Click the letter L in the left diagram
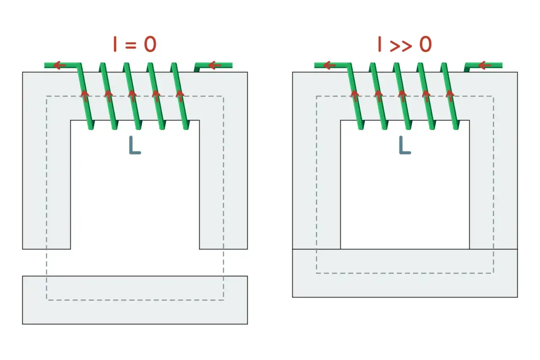135,145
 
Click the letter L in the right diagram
405,145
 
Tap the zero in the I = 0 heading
150,44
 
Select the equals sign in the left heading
131,45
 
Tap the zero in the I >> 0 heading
425,44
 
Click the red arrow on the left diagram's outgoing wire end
59,65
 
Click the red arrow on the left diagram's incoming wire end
215,65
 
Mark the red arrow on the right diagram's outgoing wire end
329,65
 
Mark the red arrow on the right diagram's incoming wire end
485,65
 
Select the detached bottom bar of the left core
135,300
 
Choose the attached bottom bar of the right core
405,273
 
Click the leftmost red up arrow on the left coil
84,96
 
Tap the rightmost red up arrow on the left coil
180,96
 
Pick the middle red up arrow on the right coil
402,96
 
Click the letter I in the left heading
115,44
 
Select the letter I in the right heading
380,44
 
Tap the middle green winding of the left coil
132,96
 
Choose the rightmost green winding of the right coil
450,96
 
